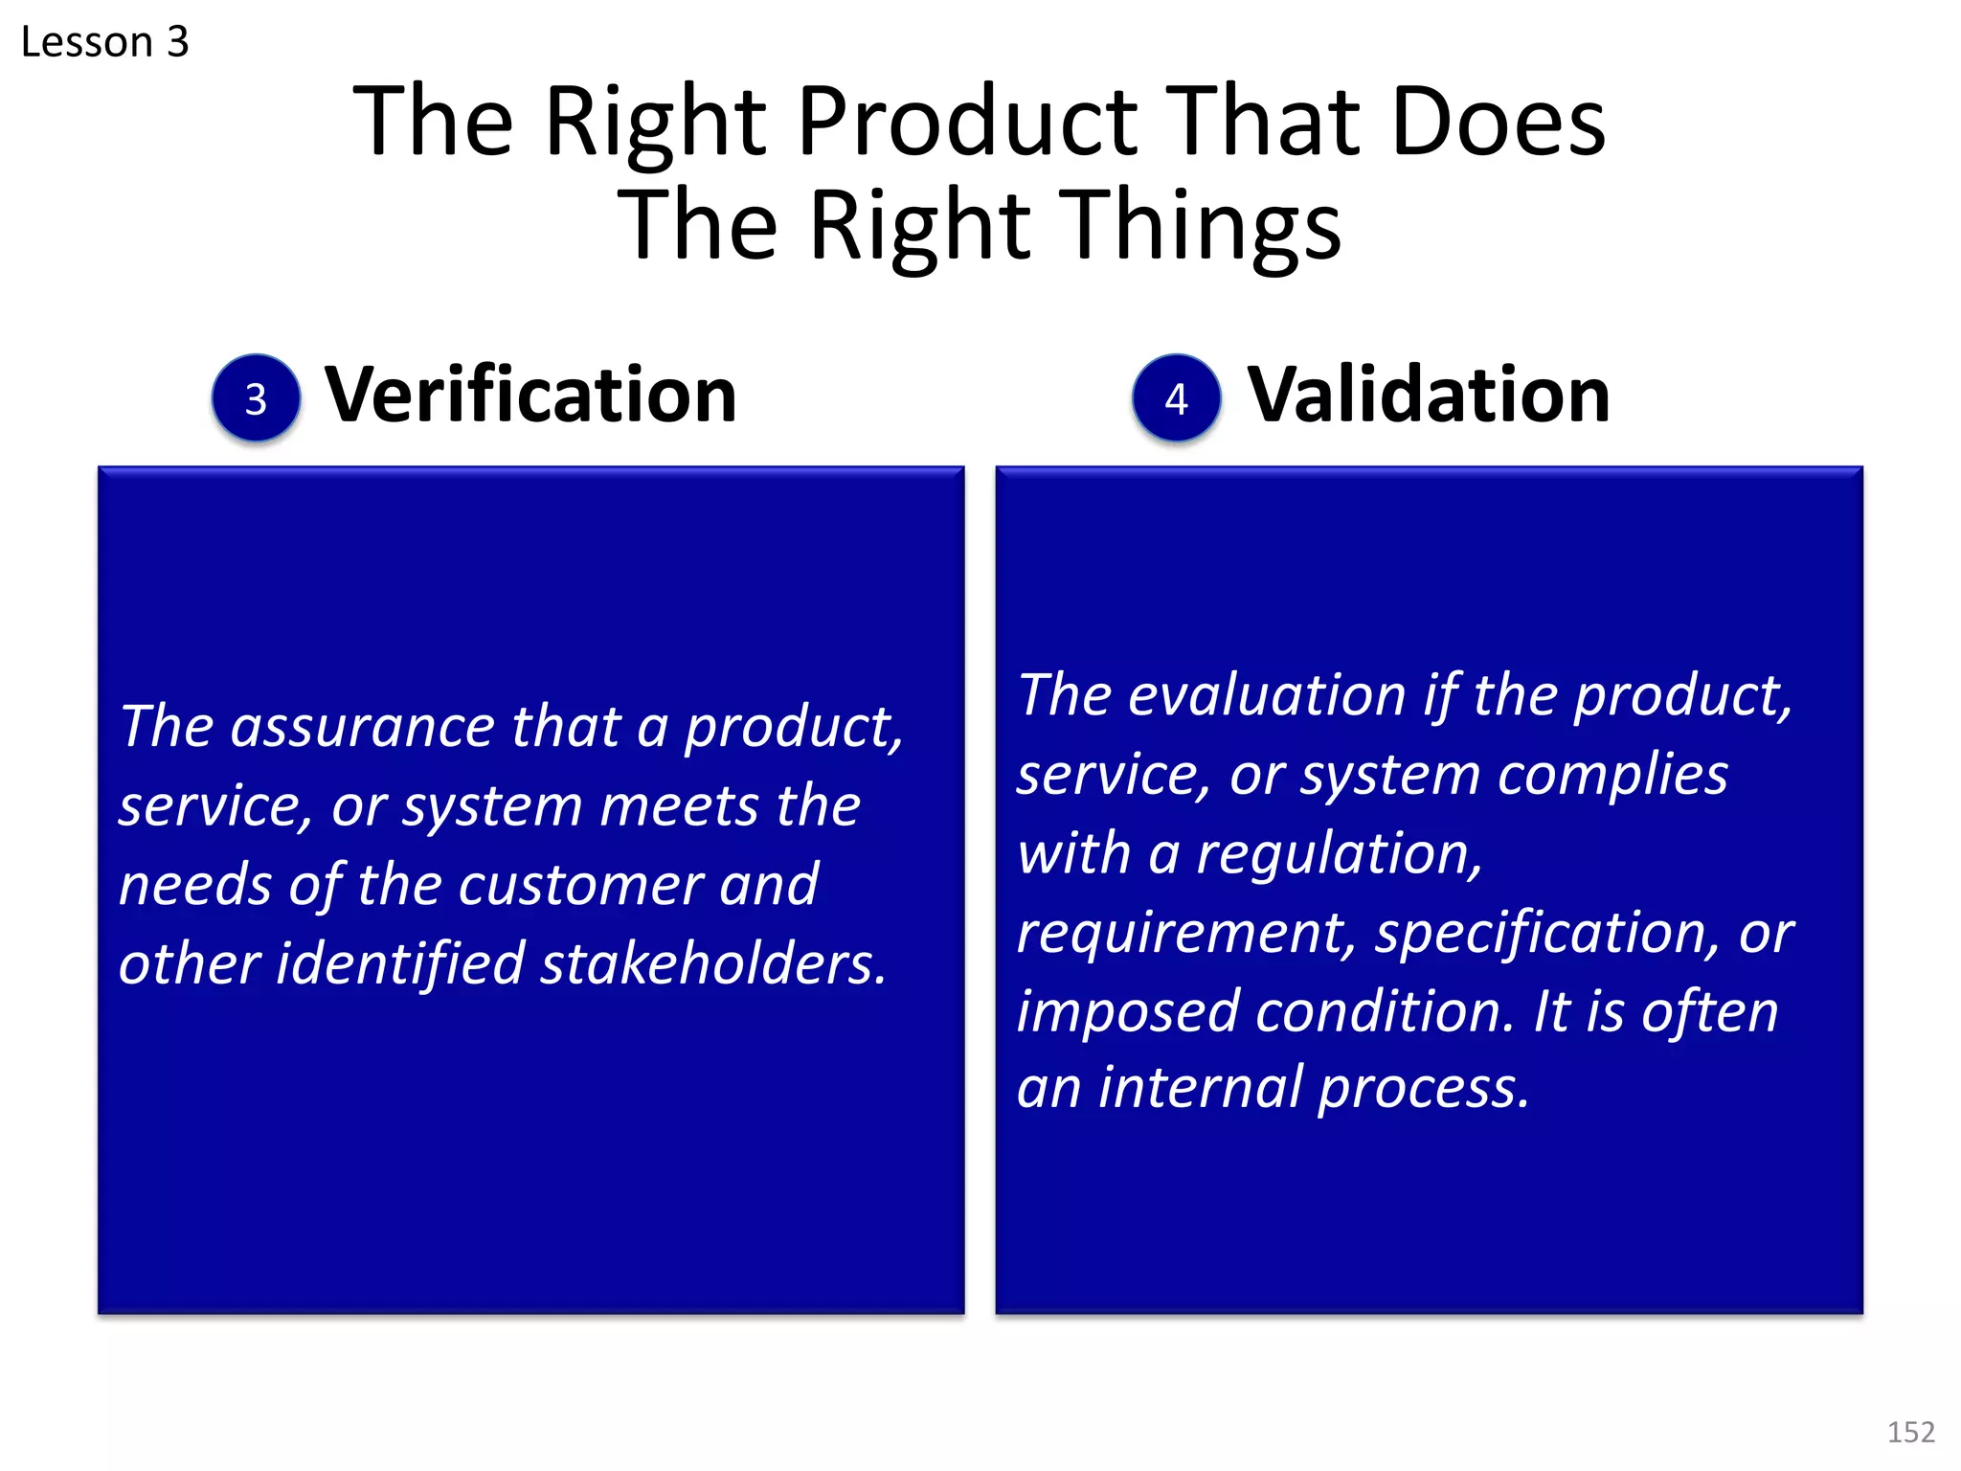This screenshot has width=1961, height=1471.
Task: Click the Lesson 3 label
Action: pos(104,42)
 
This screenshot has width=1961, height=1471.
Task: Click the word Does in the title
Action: pos(1498,123)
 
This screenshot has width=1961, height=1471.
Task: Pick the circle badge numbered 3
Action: pos(256,398)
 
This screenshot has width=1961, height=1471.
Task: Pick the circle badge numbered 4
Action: pos(1176,398)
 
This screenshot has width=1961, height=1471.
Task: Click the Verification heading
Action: pos(530,395)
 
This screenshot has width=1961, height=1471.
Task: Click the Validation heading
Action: pos(1428,395)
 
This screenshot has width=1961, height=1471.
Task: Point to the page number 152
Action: pos(1910,1432)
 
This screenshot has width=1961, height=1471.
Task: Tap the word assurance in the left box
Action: pos(362,727)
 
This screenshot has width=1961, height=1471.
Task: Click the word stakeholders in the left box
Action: pos(713,963)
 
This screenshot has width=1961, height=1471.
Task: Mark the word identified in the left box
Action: pos(400,963)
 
